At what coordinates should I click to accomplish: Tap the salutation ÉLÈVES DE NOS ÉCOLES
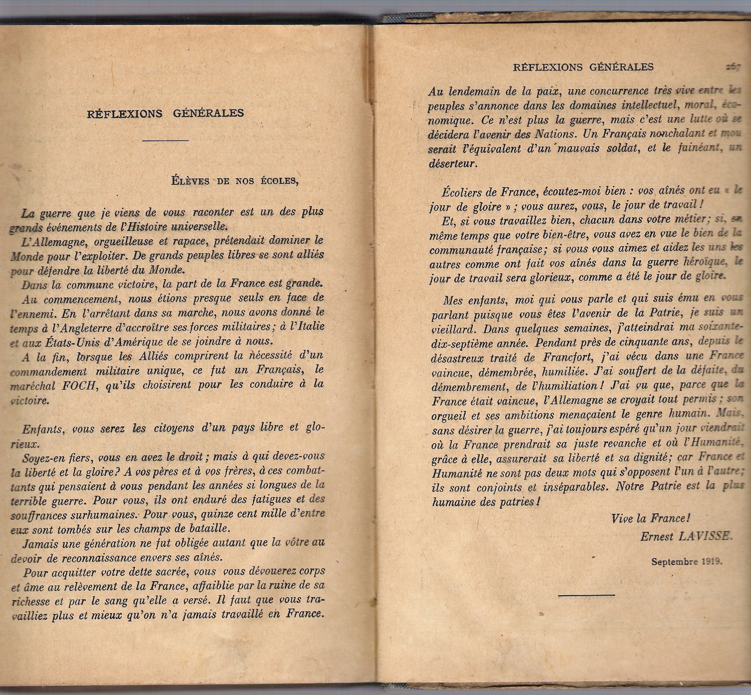[235, 181]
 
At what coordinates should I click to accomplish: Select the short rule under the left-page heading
[166, 141]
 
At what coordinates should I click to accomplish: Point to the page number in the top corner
[733, 67]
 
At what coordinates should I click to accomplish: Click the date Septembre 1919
[686, 561]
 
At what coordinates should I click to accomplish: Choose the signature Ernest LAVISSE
[686, 536]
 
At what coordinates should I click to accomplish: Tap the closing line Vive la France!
[650, 518]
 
